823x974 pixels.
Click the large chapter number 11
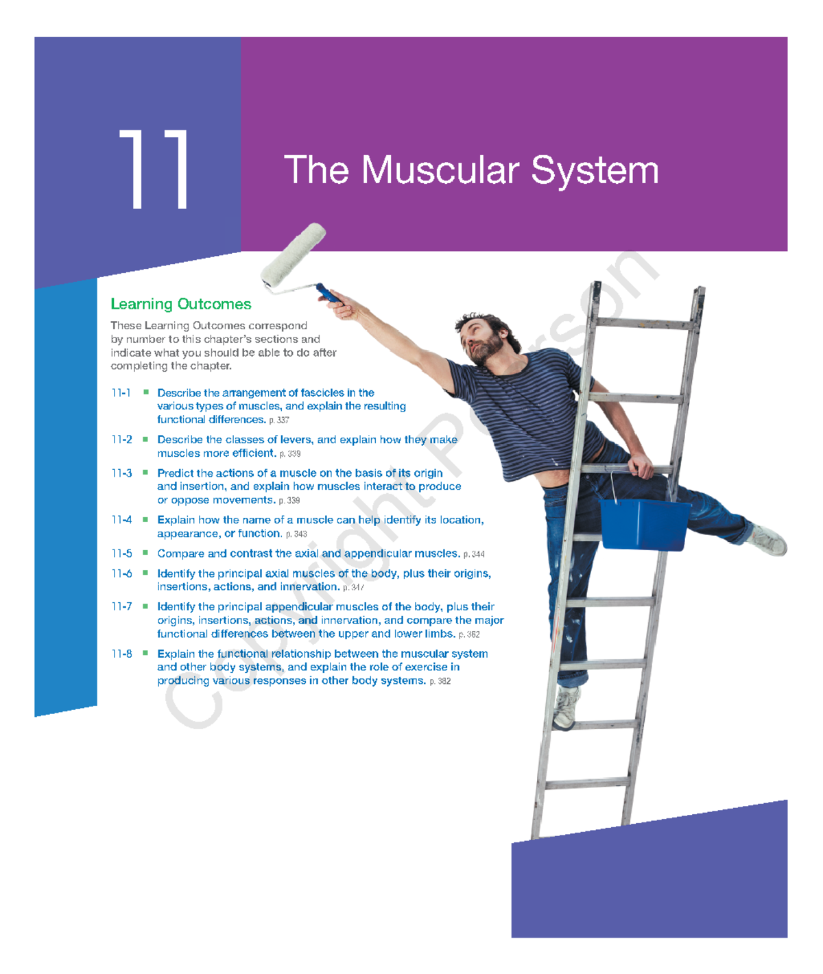pyautogui.click(x=154, y=169)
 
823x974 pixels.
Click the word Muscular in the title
pyautogui.click(x=439, y=170)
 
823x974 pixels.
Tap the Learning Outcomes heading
pyautogui.click(x=180, y=304)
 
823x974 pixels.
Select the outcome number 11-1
pyautogui.click(x=121, y=393)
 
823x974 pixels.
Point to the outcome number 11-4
pyautogui.click(x=121, y=520)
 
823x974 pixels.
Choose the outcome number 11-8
pyautogui.click(x=121, y=654)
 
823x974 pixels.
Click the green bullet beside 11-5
pyautogui.click(x=145, y=553)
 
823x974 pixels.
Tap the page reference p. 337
pyautogui.click(x=279, y=420)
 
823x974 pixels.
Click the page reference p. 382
pyautogui.click(x=440, y=681)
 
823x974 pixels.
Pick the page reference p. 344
pyautogui.click(x=474, y=554)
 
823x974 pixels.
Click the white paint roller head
pyautogui.click(x=294, y=253)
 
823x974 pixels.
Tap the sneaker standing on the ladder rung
pyautogui.click(x=566, y=708)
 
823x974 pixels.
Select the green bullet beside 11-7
pyautogui.click(x=145, y=606)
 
